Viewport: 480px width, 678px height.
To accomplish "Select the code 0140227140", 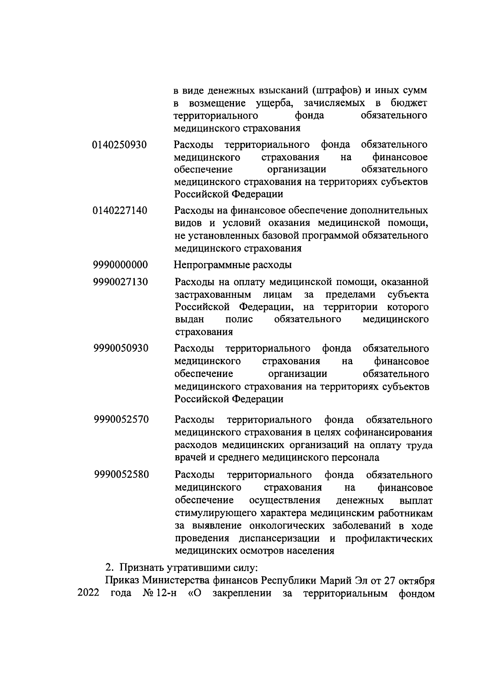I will [x=120, y=211].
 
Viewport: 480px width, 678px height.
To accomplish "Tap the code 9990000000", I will [x=120, y=265].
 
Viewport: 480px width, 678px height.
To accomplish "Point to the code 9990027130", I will [x=120, y=282].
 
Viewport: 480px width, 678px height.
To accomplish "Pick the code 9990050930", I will [x=121, y=349].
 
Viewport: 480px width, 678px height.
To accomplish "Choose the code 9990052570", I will [x=122, y=420].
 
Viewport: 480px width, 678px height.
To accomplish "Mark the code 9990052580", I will [x=122, y=475].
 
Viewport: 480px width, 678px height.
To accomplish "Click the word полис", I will [x=239, y=319].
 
